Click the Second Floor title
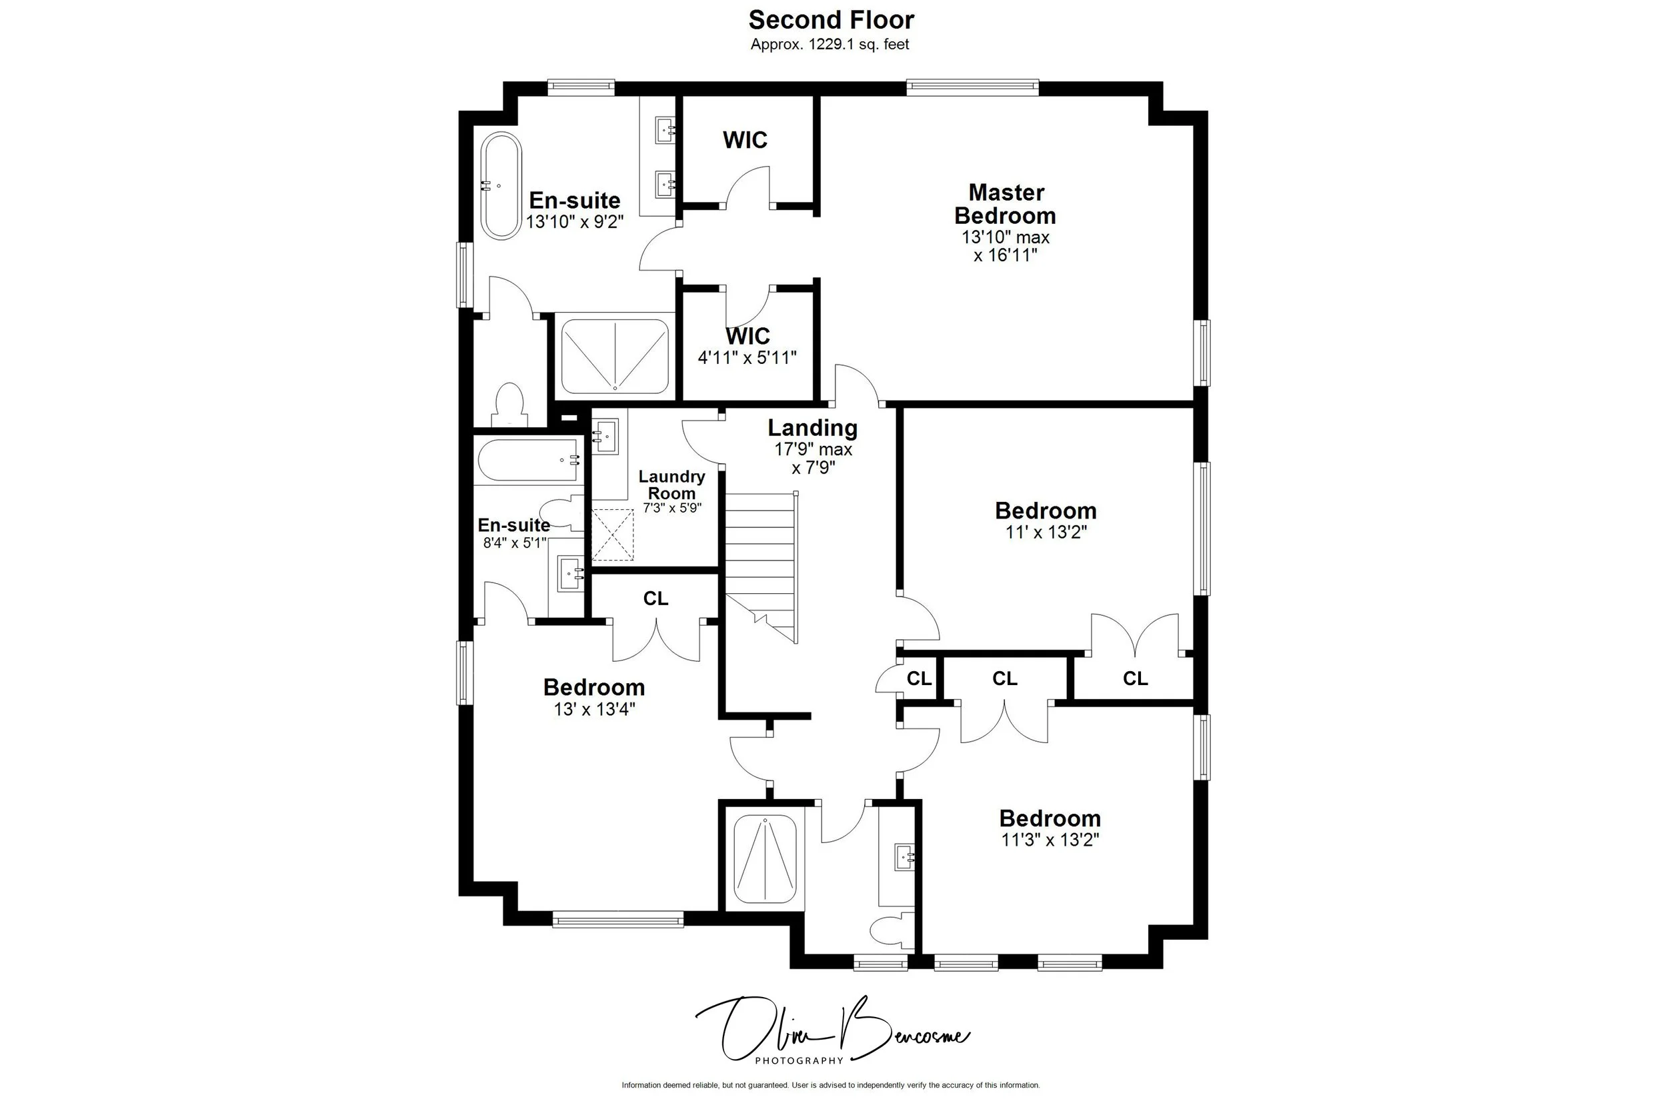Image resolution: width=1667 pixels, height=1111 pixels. coord(831,20)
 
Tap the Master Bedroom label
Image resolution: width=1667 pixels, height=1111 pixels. coord(1005,204)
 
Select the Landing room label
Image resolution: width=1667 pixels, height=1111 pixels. coord(812,428)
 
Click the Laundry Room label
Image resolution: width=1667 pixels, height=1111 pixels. coord(671,485)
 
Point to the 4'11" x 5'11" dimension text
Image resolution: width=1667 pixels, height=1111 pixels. coord(747,358)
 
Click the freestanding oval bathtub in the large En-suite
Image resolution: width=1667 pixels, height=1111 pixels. coord(501,186)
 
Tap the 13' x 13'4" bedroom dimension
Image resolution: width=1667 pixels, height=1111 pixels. coord(594,709)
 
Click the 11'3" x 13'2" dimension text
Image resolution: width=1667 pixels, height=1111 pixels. coord(1050,840)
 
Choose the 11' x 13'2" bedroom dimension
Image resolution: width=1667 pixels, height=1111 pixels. coord(1046,532)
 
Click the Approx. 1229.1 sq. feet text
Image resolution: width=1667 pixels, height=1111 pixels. coord(830,45)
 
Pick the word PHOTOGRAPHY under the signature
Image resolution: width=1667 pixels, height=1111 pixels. coord(799,1061)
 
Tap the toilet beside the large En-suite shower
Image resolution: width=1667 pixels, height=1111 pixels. coord(509,405)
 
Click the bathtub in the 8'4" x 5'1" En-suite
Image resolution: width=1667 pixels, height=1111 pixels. coord(529,461)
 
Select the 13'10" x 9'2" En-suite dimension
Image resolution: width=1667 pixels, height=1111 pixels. coord(574,222)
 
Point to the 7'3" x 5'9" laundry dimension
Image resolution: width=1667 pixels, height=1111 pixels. coord(672,508)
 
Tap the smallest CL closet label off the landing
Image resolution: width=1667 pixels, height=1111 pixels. coord(919,678)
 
